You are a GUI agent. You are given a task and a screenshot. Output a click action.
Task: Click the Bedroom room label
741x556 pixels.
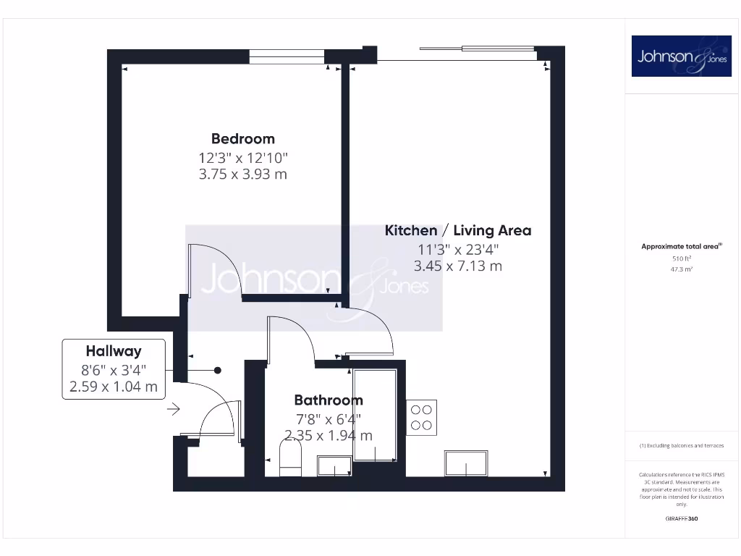pyautogui.click(x=242, y=138)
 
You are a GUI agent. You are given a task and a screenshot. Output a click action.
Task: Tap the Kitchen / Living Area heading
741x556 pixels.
pyautogui.click(x=457, y=230)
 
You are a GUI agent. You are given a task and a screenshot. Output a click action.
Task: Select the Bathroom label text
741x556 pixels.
pyautogui.click(x=328, y=400)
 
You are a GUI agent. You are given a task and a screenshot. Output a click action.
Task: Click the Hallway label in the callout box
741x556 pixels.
pyautogui.click(x=114, y=352)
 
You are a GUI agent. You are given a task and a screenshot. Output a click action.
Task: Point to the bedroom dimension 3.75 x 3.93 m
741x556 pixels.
pyautogui.click(x=242, y=174)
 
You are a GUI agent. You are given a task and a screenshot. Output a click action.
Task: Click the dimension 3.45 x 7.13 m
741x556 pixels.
pyautogui.click(x=457, y=266)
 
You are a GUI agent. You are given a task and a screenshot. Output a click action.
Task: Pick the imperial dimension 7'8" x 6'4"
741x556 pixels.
pyautogui.click(x=328, y=418)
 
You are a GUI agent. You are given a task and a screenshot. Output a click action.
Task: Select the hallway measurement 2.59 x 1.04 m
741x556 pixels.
pyautogui.click(x=114, y=387)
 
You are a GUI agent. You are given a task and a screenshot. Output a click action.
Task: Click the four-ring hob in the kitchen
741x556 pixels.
pyautogui.click(x=422, y=418)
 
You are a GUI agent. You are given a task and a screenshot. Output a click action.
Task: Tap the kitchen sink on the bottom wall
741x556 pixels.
pyautogui.click(x=466, y=462)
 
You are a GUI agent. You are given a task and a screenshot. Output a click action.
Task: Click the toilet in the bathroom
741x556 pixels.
pyautogui.click(x=289, y=460)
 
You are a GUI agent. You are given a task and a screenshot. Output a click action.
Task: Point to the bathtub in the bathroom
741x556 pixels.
pyautogui.click(x=375, y=415)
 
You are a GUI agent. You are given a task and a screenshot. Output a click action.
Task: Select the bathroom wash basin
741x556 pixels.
pyautogui.click(x=334, y=466)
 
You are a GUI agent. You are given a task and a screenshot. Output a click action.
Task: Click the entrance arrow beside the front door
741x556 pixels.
pyautogui.click(x=174, y=410)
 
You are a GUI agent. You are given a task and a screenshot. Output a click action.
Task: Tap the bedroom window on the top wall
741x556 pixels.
pyautogui.click(x=287, y=56)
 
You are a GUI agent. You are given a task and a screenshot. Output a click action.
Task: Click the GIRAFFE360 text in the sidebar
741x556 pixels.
pyautogui.click(x=681, y=518)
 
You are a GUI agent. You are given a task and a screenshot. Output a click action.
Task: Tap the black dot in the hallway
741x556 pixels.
pyautogui.click(x=218, y=370)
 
